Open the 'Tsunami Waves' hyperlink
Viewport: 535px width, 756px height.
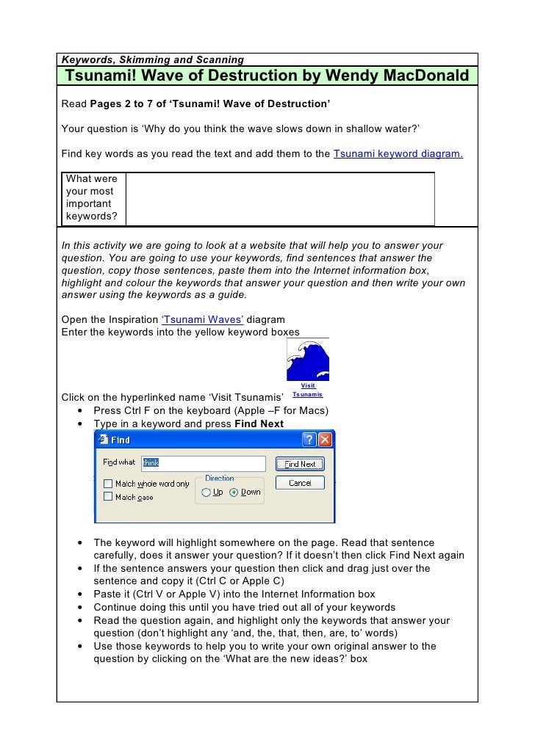coord(196,319)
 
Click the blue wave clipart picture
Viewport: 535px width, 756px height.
coord(308,359)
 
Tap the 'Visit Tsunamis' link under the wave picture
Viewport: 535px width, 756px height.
coord(308,390)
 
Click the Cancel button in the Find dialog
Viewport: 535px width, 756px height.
coord(300,483)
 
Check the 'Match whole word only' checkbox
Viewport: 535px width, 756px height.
coord(108,484)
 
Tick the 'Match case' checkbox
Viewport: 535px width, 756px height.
coord(108,497)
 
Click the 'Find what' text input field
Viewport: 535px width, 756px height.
coord(203,463)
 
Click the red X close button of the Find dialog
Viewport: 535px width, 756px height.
coord(325,440)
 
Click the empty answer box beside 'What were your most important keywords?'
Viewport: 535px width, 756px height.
coord(280,198)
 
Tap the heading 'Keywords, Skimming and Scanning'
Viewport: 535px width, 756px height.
coord(152,59)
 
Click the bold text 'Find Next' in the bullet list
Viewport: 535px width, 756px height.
coord(259,424)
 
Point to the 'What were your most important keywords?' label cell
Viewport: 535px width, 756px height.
coord(94,198)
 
